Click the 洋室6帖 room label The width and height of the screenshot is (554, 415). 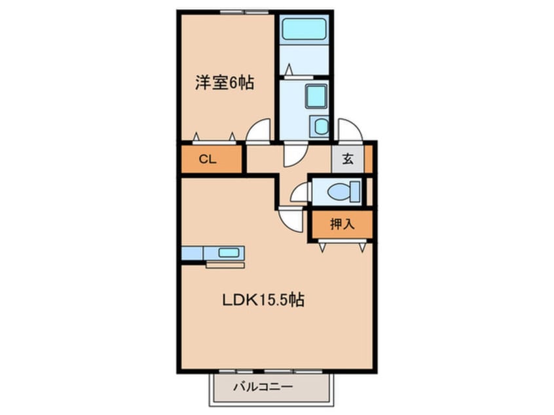224,83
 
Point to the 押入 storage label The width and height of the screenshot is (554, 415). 342,224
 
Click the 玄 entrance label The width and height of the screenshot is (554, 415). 348,158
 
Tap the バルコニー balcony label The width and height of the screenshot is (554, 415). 263,387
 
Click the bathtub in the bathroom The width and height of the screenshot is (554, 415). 303,29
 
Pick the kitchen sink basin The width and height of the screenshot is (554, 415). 229,252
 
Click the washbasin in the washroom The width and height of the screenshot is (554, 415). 316,97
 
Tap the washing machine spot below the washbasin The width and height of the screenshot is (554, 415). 320,126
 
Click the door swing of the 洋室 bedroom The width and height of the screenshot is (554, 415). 259,130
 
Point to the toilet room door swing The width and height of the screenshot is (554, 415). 301,192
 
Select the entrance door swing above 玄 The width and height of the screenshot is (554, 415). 349,129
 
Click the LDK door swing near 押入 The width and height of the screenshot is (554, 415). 291,219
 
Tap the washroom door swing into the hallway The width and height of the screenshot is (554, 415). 293,154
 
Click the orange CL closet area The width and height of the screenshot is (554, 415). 212,159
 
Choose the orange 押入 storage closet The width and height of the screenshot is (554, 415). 342,225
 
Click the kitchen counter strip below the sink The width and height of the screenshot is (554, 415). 225,265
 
